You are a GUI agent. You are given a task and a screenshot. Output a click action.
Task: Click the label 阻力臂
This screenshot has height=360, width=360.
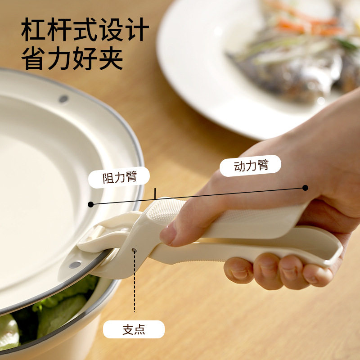click(x=119, y=177)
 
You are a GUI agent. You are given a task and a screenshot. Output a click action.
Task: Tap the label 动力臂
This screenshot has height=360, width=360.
click(x=251, y=165)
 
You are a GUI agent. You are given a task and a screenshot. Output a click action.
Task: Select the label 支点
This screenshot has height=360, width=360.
click(x=134, y=329)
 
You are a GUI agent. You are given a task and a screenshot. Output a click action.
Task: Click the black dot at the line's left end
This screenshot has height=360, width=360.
click(x=91, y=204)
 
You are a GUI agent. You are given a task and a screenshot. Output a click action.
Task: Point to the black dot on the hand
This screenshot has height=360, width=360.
click(x=305, y=188)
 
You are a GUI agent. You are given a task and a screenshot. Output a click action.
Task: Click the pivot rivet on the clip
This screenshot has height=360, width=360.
click(x=134, y=250)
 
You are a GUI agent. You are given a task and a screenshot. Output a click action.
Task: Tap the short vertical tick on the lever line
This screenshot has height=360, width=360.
click(x=154, y=193)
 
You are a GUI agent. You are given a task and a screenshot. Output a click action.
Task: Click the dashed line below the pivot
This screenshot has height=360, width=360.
click(x=134, y=283)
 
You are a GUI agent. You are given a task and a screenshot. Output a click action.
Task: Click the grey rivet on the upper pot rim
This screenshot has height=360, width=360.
click(x=63, y=99)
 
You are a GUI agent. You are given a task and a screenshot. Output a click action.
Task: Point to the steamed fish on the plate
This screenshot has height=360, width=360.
click(x=288, y=67)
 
